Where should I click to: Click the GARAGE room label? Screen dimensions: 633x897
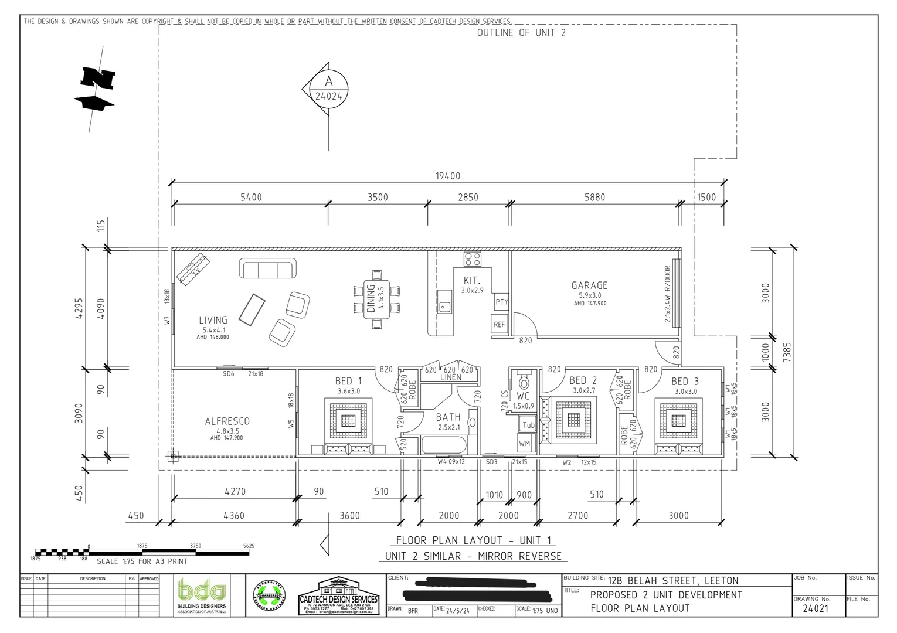589,285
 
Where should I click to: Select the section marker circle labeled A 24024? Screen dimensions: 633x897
328,89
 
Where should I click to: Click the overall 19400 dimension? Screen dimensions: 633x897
447,176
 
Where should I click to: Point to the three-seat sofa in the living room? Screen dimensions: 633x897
267,269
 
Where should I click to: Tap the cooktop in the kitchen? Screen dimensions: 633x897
473,259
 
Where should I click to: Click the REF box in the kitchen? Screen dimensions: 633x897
499,324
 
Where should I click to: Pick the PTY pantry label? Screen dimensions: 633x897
501,302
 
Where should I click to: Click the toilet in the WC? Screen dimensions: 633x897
524,382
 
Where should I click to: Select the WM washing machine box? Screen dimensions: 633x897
524,443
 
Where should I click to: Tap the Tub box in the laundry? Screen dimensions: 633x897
528,424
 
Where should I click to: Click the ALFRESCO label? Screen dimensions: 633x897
227,421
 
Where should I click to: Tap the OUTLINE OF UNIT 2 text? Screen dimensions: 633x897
521,33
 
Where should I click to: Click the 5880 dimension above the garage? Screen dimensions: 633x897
594,198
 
